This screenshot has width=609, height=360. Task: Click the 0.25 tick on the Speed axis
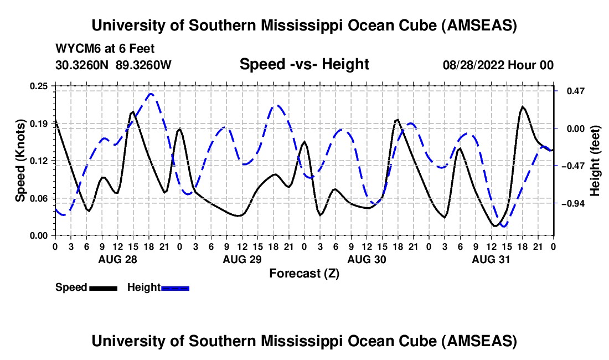(40, 86)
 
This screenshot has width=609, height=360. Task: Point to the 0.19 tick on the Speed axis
(40, 123)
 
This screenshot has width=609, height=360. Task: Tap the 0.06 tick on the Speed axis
(40, 198)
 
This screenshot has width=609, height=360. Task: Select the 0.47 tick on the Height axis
(569, 91)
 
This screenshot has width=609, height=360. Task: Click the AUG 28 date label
(117, 259)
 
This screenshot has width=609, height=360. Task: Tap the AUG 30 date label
(366, 259)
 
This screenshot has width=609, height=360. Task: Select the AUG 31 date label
(491, 259)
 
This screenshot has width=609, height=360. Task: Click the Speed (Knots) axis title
(20, 161)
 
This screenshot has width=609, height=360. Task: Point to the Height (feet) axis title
(595, 161)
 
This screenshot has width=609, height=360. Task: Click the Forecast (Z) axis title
(304, 273)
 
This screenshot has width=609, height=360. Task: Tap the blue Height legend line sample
(175, 287)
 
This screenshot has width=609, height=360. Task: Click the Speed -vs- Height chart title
(304, 65)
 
